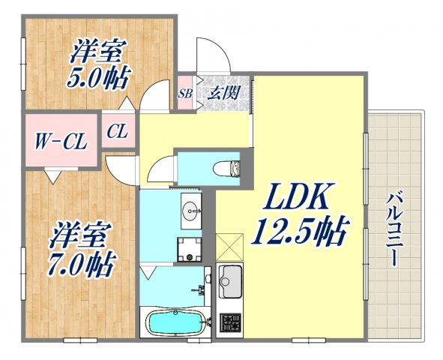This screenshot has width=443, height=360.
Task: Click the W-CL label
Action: coord(58,139)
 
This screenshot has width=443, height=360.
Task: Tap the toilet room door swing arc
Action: coord(159,172)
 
